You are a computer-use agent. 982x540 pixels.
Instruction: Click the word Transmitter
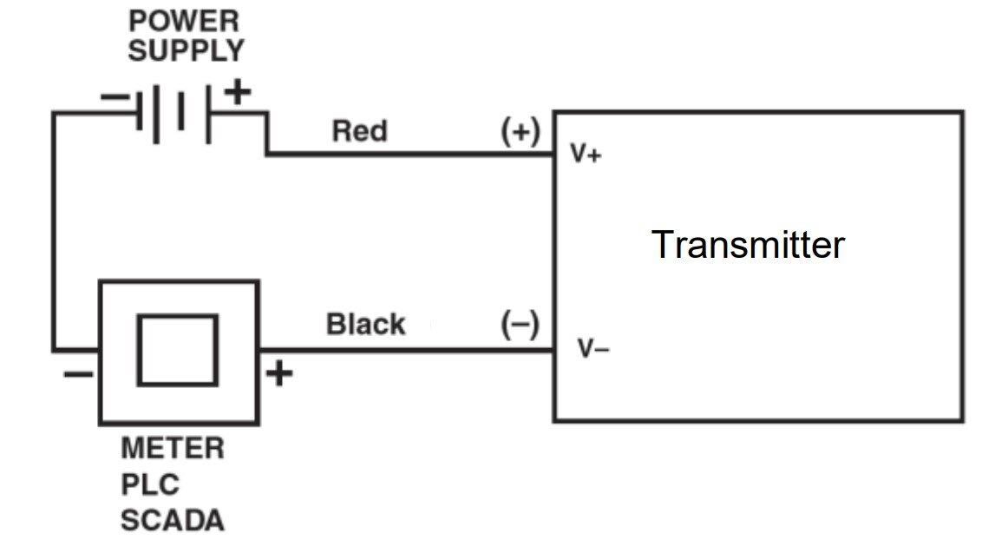747,246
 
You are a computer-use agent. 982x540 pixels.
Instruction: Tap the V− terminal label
593,350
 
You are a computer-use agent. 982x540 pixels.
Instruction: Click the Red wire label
360,132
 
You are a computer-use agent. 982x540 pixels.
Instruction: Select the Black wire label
365,325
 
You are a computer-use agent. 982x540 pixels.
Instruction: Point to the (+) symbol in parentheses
520,132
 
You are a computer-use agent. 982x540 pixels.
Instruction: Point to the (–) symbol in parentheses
520,326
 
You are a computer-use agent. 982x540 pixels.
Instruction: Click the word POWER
184,20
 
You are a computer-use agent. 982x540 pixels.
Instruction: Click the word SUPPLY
186,50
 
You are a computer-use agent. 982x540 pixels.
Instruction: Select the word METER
172,449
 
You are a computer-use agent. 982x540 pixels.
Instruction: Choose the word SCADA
172,520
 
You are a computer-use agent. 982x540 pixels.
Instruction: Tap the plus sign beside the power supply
239,91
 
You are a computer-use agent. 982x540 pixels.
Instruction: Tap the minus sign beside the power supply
114,96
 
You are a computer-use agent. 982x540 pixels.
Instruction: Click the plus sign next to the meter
279,373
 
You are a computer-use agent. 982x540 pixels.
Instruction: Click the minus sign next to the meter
76,374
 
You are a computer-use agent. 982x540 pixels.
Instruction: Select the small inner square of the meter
178,350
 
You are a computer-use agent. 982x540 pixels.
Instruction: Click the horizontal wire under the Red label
408,155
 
